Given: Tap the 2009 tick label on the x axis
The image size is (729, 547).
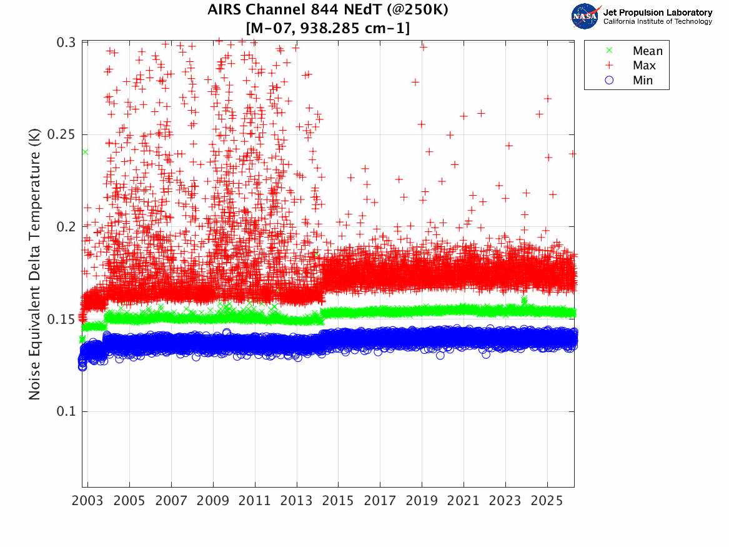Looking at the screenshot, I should point(213,501).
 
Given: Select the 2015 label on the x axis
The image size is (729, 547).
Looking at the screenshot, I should point(338,501).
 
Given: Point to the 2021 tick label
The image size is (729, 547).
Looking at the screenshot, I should point(464,501).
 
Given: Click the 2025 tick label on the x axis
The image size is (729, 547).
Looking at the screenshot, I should point(547,501).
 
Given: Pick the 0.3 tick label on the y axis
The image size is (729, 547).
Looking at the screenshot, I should point(66,42).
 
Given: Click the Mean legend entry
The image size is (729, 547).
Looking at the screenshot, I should point(647,51).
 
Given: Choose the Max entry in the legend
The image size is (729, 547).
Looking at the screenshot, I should point(643,66).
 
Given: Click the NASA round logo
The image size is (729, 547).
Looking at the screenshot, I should point(585,16).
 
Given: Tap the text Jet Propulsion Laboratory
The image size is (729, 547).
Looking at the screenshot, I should point(657,13).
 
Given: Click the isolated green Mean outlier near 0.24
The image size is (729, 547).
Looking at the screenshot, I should point(85,152).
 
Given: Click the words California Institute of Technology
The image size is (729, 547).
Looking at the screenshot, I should point(657,22).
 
